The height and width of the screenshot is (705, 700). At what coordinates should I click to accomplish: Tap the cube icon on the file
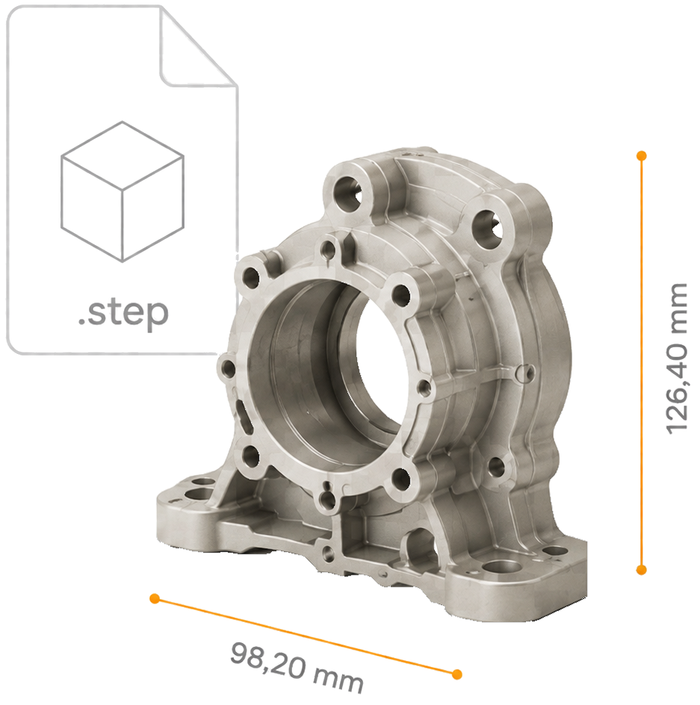click(123, 191)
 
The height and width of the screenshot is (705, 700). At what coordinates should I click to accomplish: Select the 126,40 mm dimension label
click(675, 358)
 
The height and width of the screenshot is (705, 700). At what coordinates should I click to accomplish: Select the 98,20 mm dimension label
click(297, 669)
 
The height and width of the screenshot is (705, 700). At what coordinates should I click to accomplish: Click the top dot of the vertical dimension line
click(642, 155)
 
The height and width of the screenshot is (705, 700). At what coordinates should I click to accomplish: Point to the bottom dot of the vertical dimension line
click(642, 570)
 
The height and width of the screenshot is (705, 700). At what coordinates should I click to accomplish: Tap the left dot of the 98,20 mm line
click(155, 598)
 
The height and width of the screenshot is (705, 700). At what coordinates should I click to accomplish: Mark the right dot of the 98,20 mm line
click(457, 674)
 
